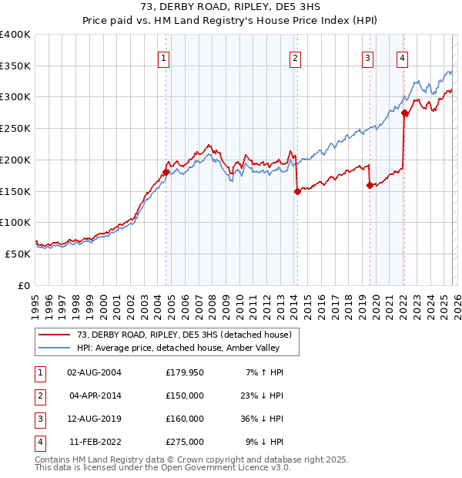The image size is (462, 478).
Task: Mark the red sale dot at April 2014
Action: click(296, 192)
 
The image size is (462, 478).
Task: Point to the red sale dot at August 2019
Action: click(370, 185)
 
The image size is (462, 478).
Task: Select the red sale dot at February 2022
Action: click(404, 113)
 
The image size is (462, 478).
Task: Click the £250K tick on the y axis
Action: click(15, 129)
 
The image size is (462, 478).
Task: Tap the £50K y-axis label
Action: click(18, 254)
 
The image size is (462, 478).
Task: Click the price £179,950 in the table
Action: click(185, 372)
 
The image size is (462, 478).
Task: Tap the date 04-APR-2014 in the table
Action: click(95, 396)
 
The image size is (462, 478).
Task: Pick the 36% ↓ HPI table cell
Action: click(263, 419)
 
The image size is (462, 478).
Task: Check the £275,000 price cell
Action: click(185, 442)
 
